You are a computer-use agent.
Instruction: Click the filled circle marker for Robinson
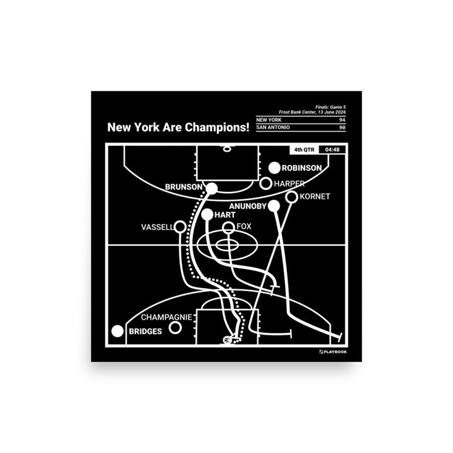click(x=274, y=168)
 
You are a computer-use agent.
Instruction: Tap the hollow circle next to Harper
click(x=266, y=184)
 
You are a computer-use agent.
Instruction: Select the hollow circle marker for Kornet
click(x=292, y=197)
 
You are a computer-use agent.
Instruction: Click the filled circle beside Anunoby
click(x=274, y=206)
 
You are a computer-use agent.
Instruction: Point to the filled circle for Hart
click(x=208, y=215)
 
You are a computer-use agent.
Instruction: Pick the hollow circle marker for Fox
click(x=228, y=227)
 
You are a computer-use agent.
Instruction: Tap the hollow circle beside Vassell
click(x=180, y=226)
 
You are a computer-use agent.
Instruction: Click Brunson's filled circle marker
click(x=212, y=188)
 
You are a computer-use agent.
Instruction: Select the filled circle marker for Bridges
click(x=118, y=331)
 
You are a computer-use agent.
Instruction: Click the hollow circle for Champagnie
click(x=175, y=328)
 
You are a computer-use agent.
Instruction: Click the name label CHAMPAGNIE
click(x=166, y=317)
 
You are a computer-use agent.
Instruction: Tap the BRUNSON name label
click(x=184, y=187)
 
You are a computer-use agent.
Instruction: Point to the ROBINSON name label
click(x=301, y=168)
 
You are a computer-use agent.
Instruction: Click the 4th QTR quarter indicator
click(x=305, y=150)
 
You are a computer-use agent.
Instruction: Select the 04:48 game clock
click(x=332, y=150)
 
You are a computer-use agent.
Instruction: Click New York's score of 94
click(x=342, y=120)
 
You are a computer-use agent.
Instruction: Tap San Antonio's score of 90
click(x=342, y=127)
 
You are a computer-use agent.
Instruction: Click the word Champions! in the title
click(x=217, y=127)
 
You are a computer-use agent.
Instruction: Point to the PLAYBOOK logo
click(x=333, y=352)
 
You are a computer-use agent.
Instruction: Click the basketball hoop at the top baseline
click(x=227, y=148)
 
